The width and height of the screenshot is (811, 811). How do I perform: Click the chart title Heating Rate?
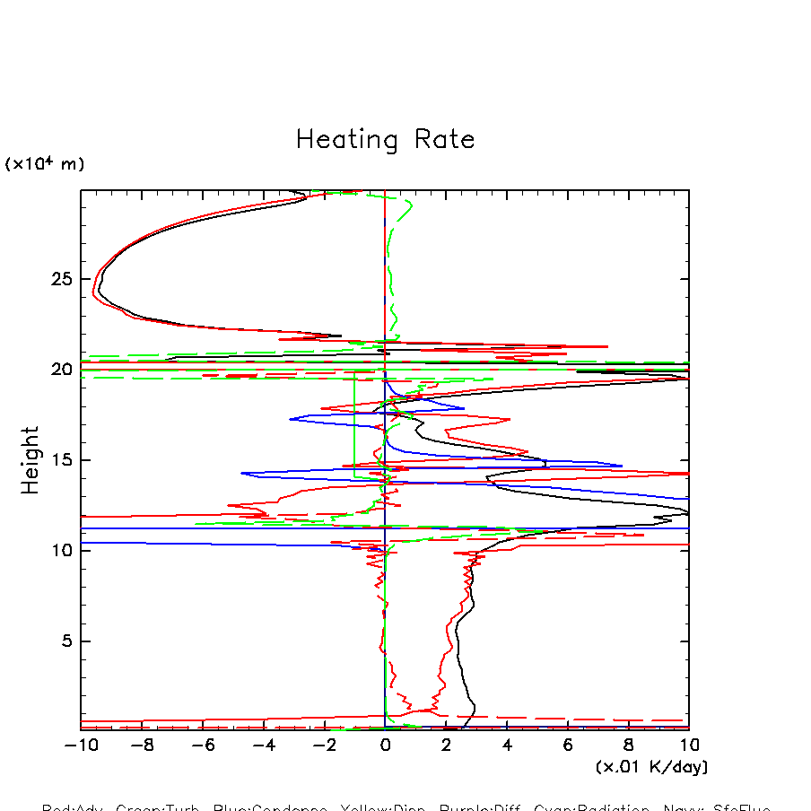[385, 140]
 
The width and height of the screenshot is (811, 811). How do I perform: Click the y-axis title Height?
[31, 460]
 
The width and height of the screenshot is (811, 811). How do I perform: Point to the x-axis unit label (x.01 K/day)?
[652, 767]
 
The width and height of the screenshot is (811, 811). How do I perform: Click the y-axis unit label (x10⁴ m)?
[45, 164]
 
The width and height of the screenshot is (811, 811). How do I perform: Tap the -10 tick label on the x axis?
[76, 745]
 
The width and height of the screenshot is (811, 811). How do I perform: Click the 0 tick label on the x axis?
[385, 745]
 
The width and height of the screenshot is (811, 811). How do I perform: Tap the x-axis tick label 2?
[446, 745]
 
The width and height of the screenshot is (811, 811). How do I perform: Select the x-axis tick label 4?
[507, 745]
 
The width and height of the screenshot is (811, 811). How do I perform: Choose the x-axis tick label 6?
[568, 745]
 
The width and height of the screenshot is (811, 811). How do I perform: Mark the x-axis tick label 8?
[628, 745]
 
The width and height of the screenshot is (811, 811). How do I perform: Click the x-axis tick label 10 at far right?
[689, 745]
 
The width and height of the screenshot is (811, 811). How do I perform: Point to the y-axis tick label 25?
[60, 279]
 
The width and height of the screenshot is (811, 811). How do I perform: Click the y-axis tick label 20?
[60, 370]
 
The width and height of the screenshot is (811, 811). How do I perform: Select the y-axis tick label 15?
[60, 460]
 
